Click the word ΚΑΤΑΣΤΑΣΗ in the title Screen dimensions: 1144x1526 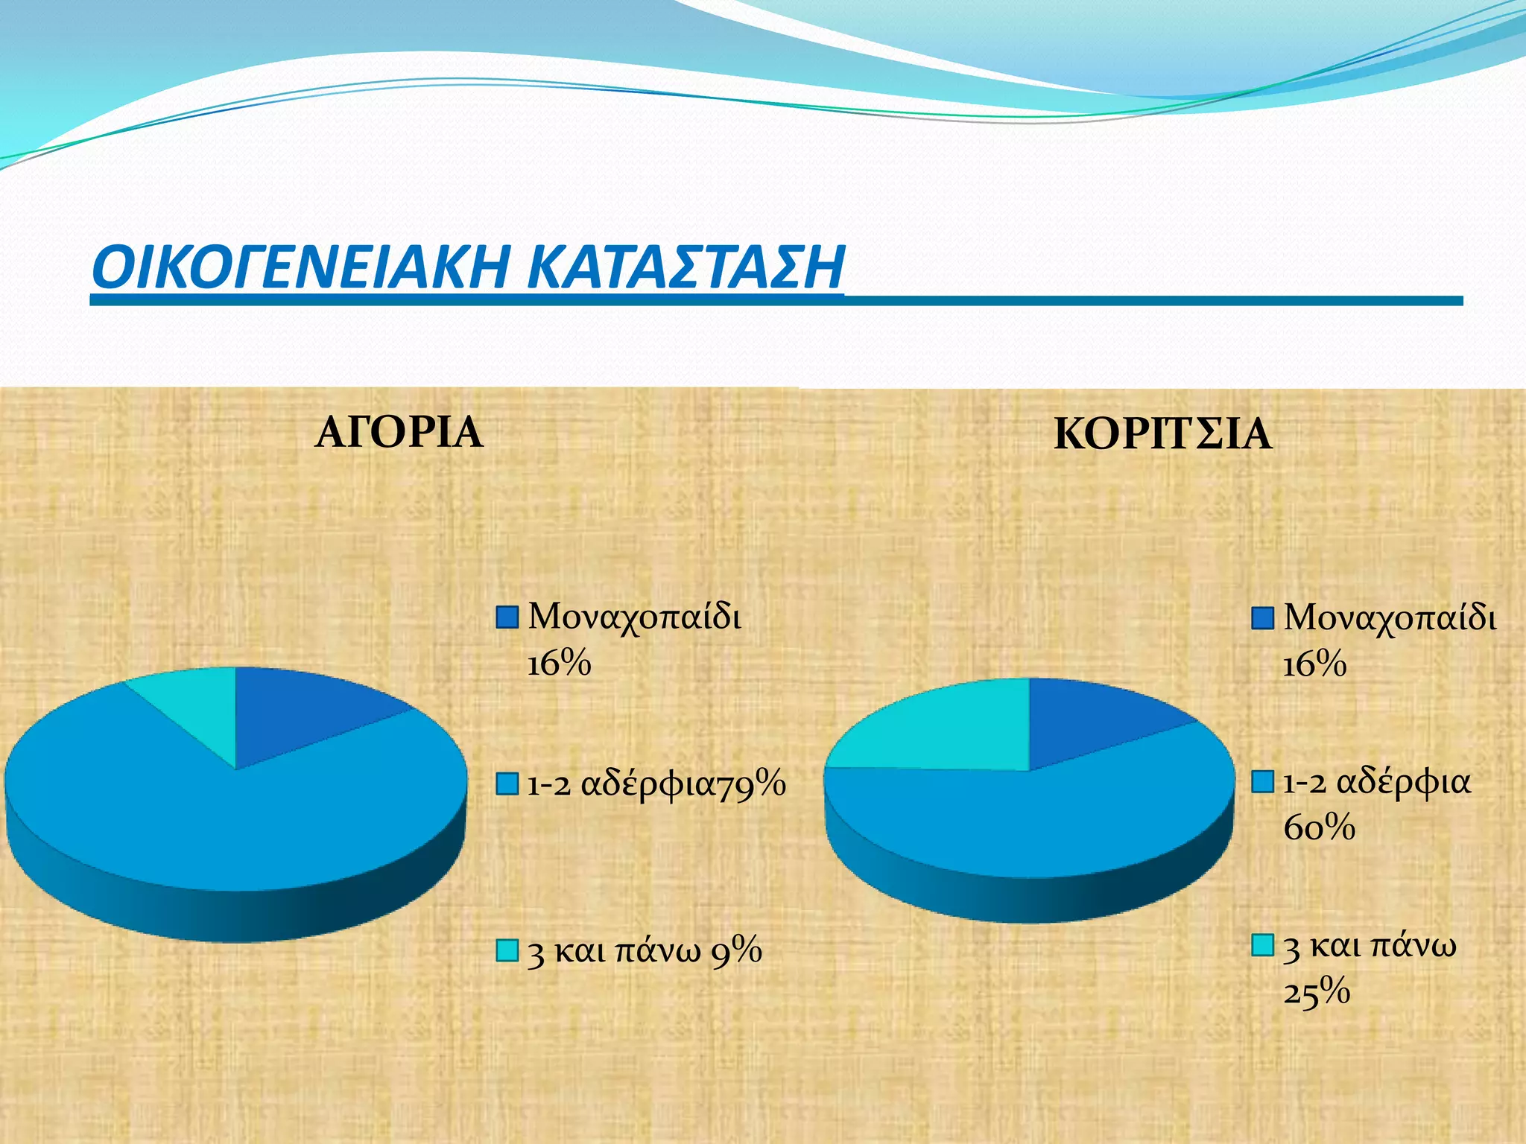point(686,267)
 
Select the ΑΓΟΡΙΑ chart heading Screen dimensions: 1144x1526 point(399,432)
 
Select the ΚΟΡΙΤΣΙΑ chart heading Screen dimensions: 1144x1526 point(1162,434)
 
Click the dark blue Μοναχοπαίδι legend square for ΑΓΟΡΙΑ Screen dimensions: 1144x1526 point(507,617)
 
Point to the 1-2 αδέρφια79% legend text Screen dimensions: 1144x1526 point(656,784)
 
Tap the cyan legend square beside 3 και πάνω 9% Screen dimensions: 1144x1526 point(507,950)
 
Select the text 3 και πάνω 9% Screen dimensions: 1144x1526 point(645,951)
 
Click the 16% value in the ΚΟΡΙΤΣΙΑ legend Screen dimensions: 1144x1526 point(1314,664)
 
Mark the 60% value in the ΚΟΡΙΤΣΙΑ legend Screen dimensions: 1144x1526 point(1319,827)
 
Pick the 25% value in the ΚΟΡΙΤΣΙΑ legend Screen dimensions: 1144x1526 point(1317,991)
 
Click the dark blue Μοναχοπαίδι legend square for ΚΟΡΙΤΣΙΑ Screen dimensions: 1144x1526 point(1262,618)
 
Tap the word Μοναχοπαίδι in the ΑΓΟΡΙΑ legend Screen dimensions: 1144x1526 point(634,617)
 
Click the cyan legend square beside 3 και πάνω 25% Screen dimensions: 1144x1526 point(1262,945)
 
